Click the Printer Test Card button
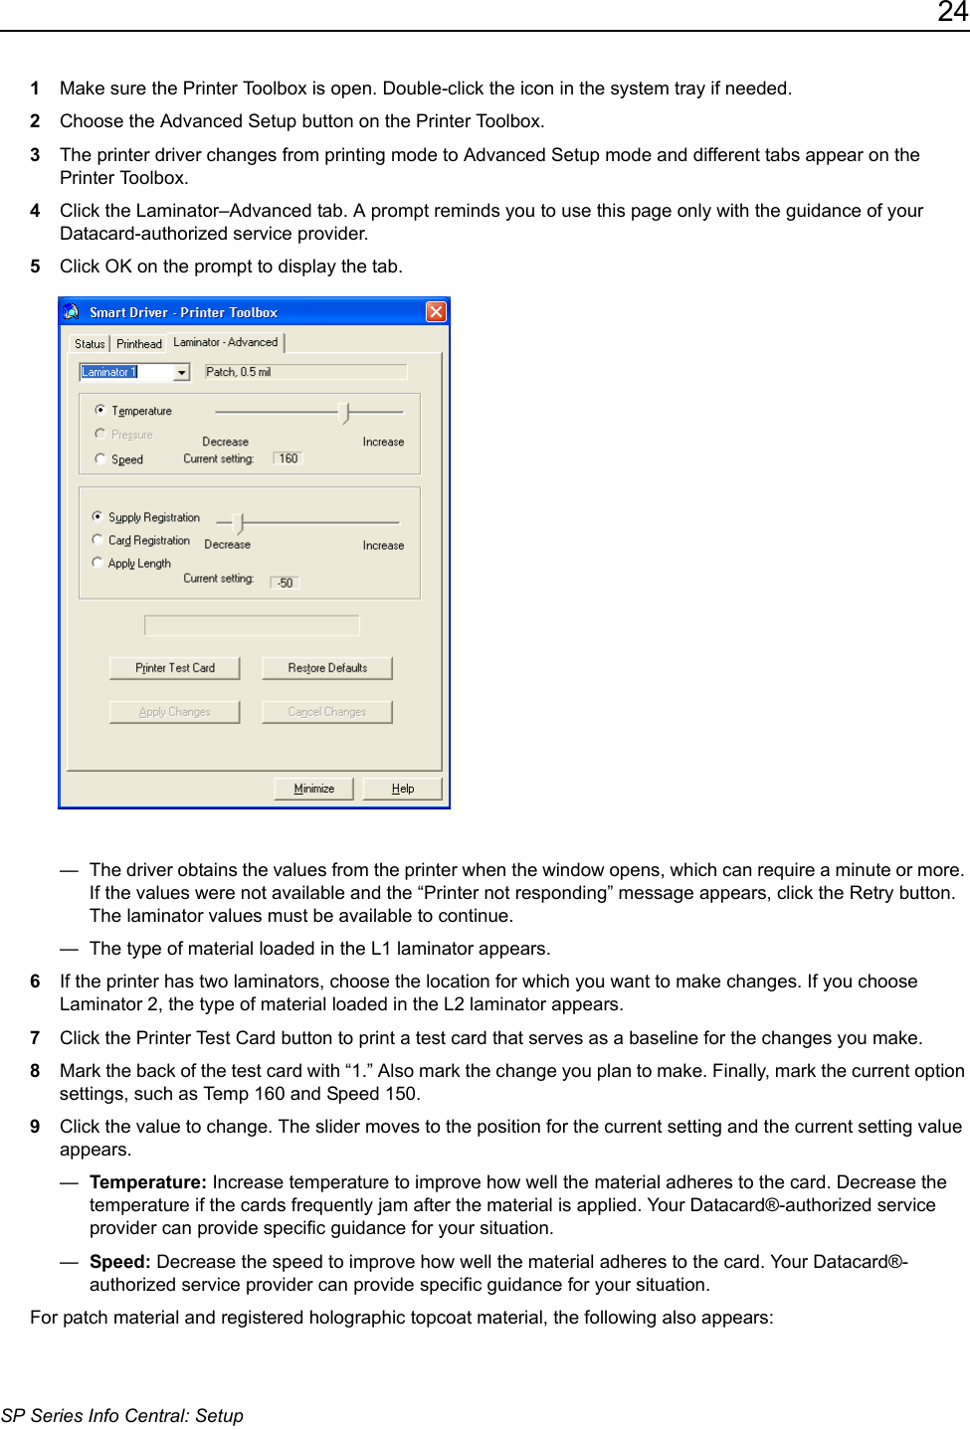click(x=174, y=668)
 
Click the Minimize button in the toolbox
click(x=313, y=789)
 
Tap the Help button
click(x=402, y=789)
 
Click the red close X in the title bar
click(x=436, y=312)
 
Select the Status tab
click(x=90, y=344)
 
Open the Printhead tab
click(x=139, y=344)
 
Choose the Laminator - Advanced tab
click(x=226, y=342)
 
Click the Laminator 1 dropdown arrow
click(x=181, y=373)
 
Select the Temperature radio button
click(x=100, y=410)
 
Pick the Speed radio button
click(x=100, y=458)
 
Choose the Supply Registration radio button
click(x=97, y=516)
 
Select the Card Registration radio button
click(x=97, y=540)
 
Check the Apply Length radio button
click(x=97, y=563)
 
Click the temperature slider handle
click(x=344, y=412)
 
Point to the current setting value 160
click(x=288, y=458)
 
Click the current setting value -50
click(x=285, y=583)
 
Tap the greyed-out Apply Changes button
click(x=174, y=712)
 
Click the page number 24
click(x=952, y=13)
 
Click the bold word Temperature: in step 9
click(x=147, y=1182)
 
